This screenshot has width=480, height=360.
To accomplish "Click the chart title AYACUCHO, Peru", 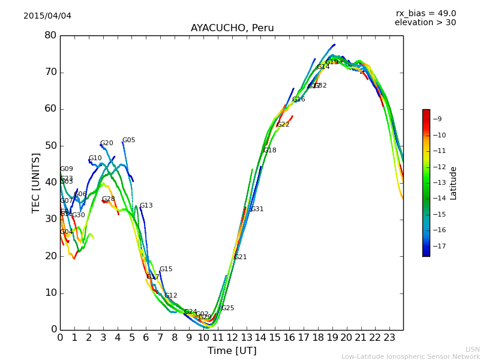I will click(x=232, y=28).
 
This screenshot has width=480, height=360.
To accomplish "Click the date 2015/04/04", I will click(x=47, y=16).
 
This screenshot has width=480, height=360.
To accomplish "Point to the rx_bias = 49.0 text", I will click(x=425, y=13).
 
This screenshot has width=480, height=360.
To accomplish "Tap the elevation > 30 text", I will click(x=425, y=23).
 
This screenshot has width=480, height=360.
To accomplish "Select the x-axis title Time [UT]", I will click(x=232, y=351).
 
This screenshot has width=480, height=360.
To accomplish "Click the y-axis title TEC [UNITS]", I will click(x=37, y=182).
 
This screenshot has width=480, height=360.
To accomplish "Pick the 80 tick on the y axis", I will click(x=50, y=35).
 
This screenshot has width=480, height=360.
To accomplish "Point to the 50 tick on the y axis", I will click(x=50, y=146).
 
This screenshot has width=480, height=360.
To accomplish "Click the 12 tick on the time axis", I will click(x=232, y=338).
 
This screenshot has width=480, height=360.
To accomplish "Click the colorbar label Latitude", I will click(x=454, y=183).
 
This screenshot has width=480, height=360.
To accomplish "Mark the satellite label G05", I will click(x=129, y=140).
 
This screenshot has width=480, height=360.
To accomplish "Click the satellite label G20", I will click(x=107, y=143).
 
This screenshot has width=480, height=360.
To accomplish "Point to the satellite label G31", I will click(x=257, y=209).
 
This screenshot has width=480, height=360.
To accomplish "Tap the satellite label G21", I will click(x=240, y=257).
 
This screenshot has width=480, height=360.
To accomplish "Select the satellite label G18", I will click(x=270, y=151).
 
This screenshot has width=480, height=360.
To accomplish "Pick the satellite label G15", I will click(x=166, y=269).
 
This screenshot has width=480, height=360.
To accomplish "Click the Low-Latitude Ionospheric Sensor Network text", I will click(x=410, y=356).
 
